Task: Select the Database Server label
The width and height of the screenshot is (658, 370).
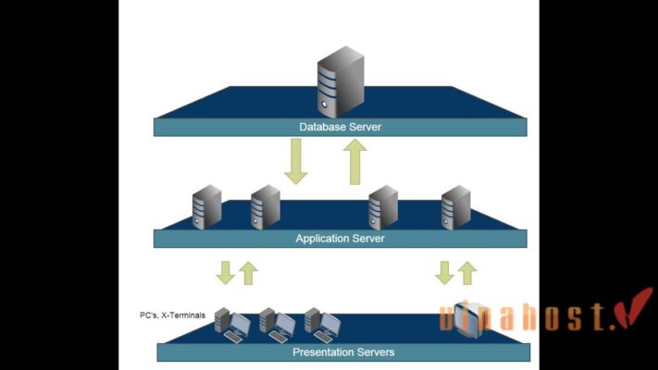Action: pyautogui.click(x=340, y=127)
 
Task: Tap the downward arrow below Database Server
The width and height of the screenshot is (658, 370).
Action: pyautogui.click(x=296, y=161)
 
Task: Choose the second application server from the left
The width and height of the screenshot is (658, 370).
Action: pyautogui.click(x=265, y=207)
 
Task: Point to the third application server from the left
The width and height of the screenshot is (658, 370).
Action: pyautogui.click(x=382, y=207)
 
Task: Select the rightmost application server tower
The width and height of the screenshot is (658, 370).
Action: pyautogui.click(x=455, y=207)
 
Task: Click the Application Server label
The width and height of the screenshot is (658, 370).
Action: pyautogui.click(x=340, y=239)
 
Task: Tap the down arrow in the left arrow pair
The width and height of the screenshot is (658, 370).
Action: pyautogui.click(x=225, y=273)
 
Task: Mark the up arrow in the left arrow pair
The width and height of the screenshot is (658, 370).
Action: pyautogui.click(x=247, y=273)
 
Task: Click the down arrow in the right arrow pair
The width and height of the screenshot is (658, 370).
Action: pyautogui.click(x=444, y=273)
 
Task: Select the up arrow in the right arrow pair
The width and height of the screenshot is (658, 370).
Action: pyautogui.click(x=467, y=273)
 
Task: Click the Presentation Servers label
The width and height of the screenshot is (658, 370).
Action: pyautogui.click(x=343, y=351)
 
